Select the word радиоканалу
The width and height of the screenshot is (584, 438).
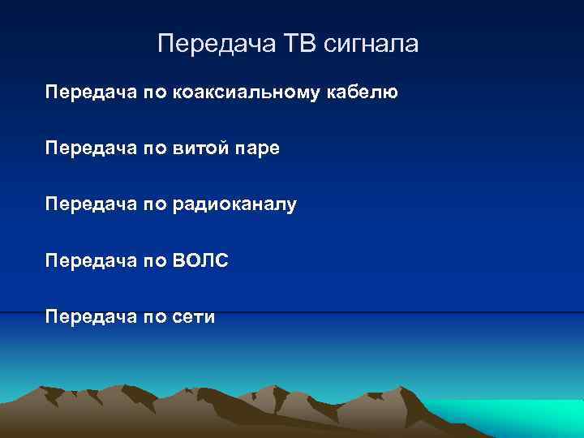click(x=234, y=205)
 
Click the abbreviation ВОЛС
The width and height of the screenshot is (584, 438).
click(x=200, y=261)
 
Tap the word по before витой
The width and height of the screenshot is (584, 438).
click(x=152, y=148)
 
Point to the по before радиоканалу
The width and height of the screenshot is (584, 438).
click(x=152, y=205)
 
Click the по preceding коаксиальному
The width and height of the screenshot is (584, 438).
click(x=152, y=92)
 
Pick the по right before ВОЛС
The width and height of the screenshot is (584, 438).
click(x=152, y=261)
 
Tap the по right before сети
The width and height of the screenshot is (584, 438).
click(x=152, y=317)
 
